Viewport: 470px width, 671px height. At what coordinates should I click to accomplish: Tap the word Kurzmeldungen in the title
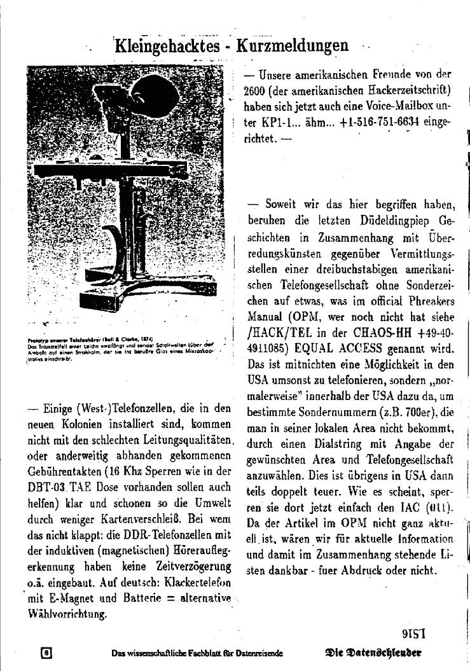[292, 45]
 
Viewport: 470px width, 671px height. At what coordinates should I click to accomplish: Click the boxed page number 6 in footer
[46, 653]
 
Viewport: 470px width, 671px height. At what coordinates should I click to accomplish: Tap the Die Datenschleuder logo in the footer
[373, 653]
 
